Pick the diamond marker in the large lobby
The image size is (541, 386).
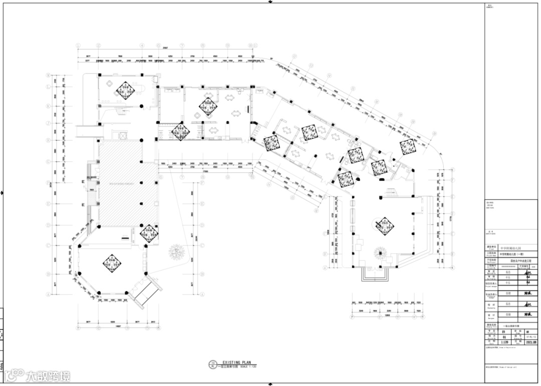[x=384, y=226]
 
